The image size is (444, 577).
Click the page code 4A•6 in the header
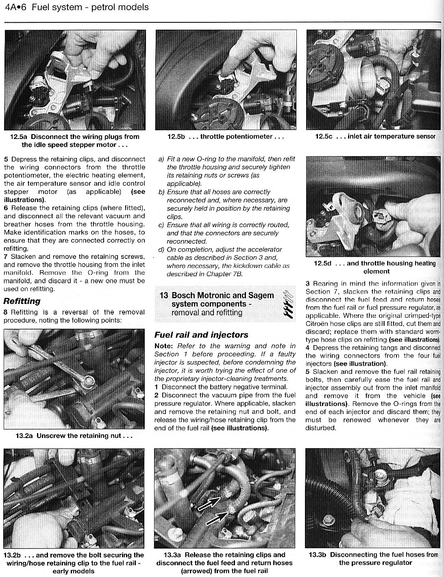[15, 7]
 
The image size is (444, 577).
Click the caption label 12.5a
[20, 137]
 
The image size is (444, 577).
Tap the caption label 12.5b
[176, 137]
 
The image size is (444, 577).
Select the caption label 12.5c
[324, 137]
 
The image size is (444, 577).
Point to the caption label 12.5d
[323, 263]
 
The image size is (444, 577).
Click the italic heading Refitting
[22, 301]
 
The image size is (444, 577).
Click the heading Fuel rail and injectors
[201, 335]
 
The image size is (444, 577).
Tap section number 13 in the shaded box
[163, 295]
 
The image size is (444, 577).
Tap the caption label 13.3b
[318, 555]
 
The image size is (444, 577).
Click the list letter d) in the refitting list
[161, 249]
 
